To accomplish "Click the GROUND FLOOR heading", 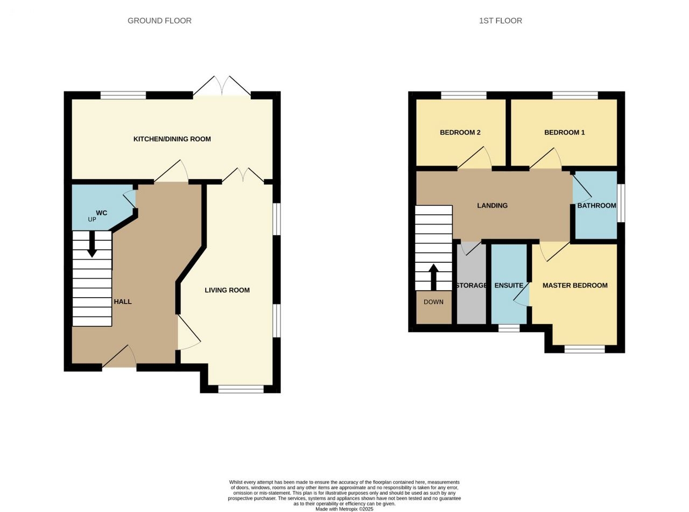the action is pos(159,21).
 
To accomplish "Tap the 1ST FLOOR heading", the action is pos(500,21).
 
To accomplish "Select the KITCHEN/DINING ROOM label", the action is pos(172,139).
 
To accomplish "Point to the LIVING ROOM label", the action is pos(227,290).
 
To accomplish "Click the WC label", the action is pos(102,213).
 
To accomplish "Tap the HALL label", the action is pos(123,301).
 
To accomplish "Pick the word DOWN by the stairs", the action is pos(433,301).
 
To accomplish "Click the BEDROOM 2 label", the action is pos(460,132).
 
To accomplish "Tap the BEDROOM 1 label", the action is pos(565,132).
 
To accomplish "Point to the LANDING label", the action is pos(493,205).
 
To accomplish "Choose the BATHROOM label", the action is pos(597,205).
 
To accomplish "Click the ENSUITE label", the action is pos(509,285).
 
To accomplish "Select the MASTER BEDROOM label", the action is pos(575,285).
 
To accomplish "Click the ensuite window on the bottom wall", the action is pos(509,328).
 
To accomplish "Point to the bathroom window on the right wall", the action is pos(621,203).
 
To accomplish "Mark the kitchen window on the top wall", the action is pos(123,95).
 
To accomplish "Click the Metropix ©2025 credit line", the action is pos(344,509).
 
